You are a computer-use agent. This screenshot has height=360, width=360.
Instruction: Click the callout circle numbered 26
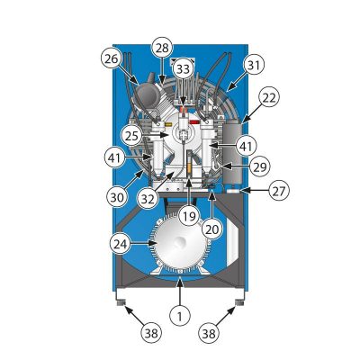112,59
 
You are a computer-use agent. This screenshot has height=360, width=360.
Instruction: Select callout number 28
162,49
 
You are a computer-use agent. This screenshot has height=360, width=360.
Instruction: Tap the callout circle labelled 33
184,69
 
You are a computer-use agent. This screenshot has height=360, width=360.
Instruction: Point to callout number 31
254,66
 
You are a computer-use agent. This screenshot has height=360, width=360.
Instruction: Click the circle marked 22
269,98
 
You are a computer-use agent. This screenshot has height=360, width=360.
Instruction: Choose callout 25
131,136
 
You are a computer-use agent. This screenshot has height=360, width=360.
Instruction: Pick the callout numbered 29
260,166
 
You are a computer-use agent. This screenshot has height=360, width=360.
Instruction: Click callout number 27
279,191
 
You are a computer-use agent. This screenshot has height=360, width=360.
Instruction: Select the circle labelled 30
117,198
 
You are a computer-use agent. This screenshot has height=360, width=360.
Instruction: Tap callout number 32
148,199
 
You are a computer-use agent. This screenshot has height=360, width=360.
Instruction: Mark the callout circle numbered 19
189,216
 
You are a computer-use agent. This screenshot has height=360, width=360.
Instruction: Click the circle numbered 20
212,229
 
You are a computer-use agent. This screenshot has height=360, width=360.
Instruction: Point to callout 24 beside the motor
121,244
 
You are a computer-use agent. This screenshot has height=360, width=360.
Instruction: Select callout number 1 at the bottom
179,317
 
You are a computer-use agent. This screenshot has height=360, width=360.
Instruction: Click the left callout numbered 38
151,333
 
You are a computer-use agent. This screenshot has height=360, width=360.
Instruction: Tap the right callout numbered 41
246,146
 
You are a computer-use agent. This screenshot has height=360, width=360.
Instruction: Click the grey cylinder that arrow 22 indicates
232,153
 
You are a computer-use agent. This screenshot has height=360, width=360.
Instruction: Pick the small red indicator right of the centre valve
194,122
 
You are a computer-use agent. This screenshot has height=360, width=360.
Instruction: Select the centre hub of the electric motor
180,242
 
